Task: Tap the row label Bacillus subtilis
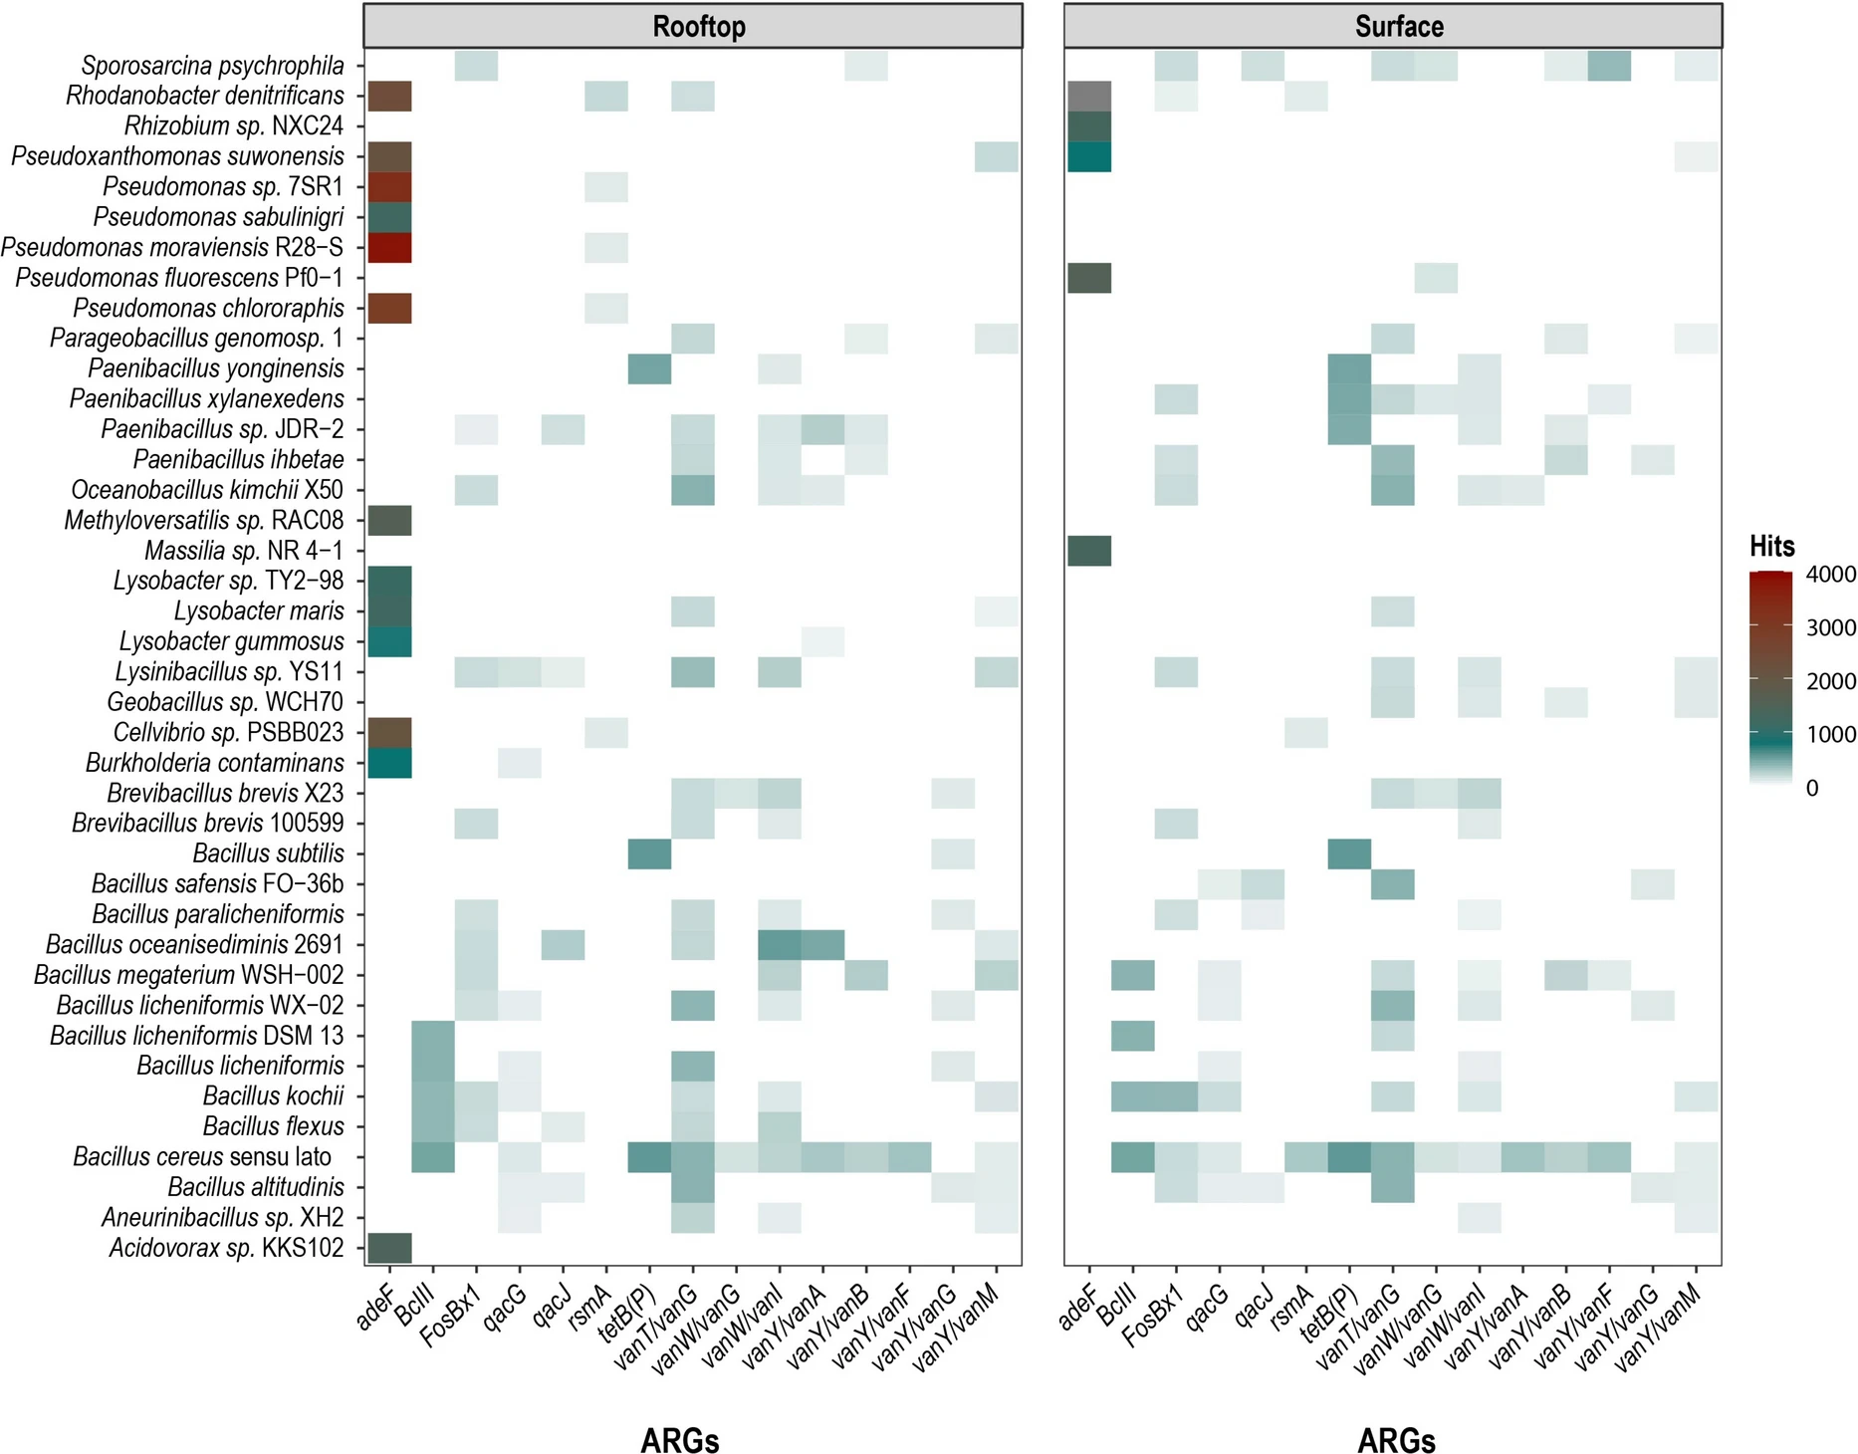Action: pos(268,853)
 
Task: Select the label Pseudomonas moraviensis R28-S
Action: pos(171,247)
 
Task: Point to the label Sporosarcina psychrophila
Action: pos(212,66)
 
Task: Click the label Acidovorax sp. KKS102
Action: pos(226,1248)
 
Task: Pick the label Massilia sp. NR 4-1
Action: pos(243,551)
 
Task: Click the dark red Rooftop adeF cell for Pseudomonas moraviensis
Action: pos(389,247)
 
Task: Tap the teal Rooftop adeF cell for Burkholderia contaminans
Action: pos(389,763)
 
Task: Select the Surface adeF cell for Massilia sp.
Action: pos(1089,551)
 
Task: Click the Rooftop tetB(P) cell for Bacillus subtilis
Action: pos(649,853)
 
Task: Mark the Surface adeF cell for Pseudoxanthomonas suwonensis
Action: pos(1089,156)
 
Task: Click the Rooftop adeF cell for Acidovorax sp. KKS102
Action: pos(389,1248)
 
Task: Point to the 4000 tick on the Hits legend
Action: pos(1830,575)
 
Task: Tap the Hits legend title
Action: pos(1771,546)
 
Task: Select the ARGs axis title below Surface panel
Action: pos(1396,1440)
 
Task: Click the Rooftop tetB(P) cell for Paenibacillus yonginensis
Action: pos(649,368)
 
